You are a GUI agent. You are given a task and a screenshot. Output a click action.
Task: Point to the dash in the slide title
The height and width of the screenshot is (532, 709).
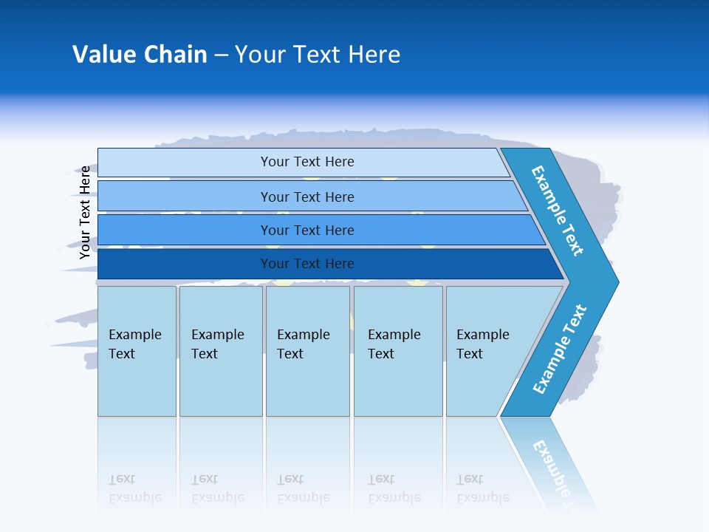(x=221, y=55)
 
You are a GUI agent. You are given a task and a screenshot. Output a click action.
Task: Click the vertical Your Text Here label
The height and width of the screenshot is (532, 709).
(x=85, y=212)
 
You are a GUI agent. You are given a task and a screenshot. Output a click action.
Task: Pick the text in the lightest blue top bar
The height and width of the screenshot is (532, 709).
(x=307, y=162)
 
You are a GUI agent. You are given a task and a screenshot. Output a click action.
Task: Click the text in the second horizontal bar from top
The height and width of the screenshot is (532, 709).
(x=307, y=197)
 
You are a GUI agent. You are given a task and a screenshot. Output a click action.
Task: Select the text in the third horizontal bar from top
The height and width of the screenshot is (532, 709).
(x=307, y=231)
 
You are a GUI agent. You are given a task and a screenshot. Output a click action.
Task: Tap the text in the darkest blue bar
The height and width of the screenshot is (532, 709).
(x=307, y=264)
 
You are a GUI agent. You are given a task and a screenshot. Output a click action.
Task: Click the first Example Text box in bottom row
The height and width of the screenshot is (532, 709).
(x=135, y=344)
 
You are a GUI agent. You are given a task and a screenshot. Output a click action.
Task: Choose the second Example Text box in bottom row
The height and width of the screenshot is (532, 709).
(x=218, y=344)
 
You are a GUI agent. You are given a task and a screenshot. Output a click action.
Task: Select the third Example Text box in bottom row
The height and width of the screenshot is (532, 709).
(x=304, y=344)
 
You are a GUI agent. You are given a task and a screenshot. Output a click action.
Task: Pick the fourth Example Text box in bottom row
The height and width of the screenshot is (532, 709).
(x=394, y=344)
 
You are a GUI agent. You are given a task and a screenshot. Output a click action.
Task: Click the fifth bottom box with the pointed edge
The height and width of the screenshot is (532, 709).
(x=483, y=344)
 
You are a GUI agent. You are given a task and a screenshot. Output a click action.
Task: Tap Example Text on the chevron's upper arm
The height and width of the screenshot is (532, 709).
(x=558, y=211)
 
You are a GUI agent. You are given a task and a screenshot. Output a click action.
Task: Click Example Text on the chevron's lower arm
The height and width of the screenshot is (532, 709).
(x=560, y=349)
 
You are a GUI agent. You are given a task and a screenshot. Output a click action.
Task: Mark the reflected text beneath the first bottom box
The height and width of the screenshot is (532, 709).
(x=135, y=488)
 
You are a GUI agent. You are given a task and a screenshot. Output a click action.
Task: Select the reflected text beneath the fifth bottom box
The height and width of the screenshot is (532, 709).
(x=483, y=488)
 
